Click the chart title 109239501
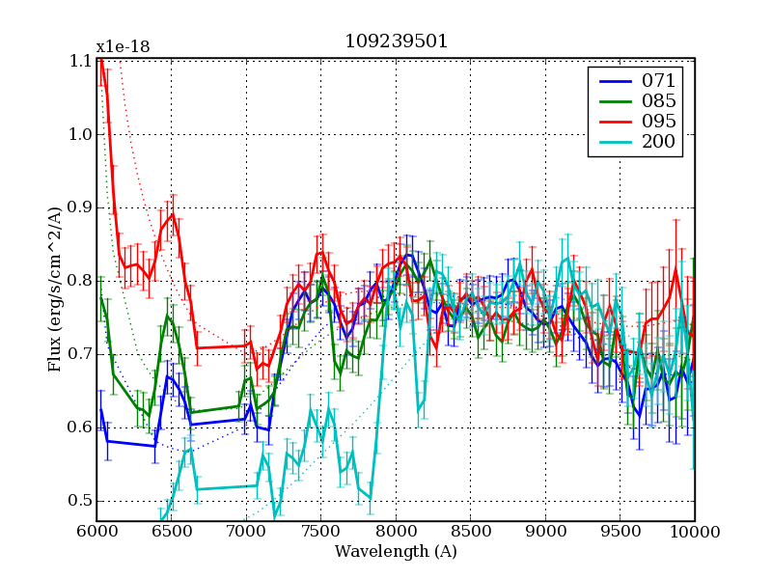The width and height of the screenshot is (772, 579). pyautogui.click(x=396, y=43)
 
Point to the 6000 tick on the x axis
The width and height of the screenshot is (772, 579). pyautogui.click(x=96, y=532)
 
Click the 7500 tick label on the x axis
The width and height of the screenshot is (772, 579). pyautogui.click(x=320, y=532)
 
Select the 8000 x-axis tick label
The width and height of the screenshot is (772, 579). pyautogui.click(x=396, y=532)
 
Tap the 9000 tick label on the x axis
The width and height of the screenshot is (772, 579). pyautogui.click(x=545, y=532)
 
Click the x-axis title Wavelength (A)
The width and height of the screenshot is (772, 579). pyautogui.click(x=396, y=552)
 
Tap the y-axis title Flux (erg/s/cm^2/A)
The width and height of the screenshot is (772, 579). pyautogui.click(x=55, y=290)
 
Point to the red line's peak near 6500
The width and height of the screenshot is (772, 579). pyautogui.click(x=173, y=214)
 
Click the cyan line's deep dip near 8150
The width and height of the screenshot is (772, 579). pyautogui.click(x=419, y=413)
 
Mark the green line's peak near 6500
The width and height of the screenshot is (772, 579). pyautogui.click(x=167, y=315)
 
